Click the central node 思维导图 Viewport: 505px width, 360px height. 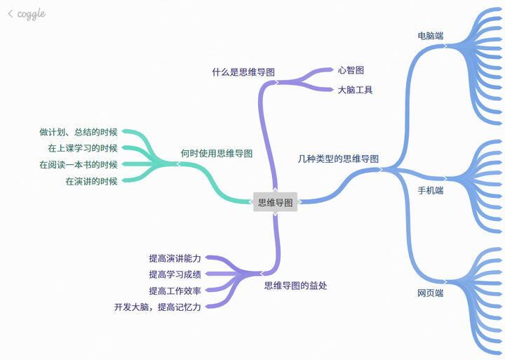(x=276, y=202)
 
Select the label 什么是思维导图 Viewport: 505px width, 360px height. (x=243, y=72)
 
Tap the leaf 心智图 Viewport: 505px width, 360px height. (x=351, y=70)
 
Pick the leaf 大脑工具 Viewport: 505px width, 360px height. (x=355, y=90)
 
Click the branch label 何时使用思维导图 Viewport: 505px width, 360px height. (x=216, y=153)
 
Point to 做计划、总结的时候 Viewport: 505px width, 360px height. (x=79, y=132)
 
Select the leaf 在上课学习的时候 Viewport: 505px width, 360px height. (x=83, y=148)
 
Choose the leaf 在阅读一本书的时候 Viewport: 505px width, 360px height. (x=79, y=165)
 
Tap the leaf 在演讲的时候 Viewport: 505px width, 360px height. (x=91, y=181)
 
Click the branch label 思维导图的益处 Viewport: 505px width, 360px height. (x=295, y=286)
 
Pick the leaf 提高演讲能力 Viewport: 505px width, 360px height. (x=175, y=258)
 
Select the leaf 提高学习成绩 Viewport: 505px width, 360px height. (x=175, y=274)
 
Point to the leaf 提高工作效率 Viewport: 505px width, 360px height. (x=175, y=291)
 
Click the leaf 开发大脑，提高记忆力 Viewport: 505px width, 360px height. (x=158, y=307)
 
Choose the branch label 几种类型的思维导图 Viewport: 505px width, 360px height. (x=338, y=159)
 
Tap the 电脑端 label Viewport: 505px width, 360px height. (x=430, y=36)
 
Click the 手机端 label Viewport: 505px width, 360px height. (x=431, y=190)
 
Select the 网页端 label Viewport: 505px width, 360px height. (x=430, y=293)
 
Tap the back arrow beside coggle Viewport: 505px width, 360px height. (x=10, y=13)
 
